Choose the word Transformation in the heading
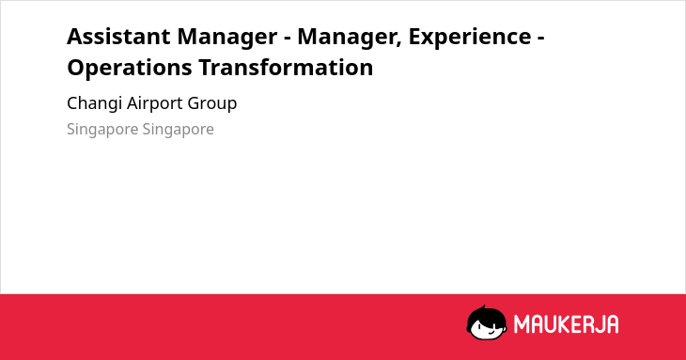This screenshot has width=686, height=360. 286,68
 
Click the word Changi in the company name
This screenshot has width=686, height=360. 94,104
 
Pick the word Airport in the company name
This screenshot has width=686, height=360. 154,104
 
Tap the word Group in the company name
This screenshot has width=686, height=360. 212,104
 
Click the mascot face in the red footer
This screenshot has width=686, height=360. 487,323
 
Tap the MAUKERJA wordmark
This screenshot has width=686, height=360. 566,324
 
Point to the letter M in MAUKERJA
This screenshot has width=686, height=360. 521,324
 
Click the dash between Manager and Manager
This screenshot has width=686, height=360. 288,39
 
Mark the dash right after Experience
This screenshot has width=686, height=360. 540,39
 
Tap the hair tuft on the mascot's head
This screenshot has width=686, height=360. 483,307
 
